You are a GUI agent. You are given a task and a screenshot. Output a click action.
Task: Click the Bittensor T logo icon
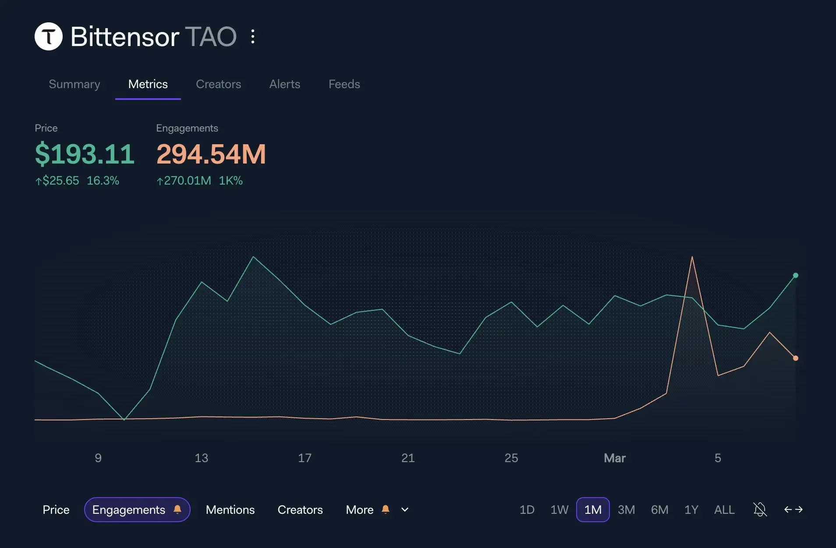(x=49, y=36)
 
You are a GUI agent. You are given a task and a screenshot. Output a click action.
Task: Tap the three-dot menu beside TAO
(x=253, y=36)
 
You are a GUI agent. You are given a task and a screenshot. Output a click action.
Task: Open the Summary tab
(x=74, y=84)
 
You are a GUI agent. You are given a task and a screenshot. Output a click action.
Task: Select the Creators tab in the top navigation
(x=218, y=84)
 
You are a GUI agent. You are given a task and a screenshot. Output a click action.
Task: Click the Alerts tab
(x=285, y=84)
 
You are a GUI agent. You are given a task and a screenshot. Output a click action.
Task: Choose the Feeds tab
(x=344, y=84)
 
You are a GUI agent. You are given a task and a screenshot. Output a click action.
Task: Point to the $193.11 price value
(x=85, y=154)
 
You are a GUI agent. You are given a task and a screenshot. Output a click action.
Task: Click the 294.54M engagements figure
(x=211, y=154)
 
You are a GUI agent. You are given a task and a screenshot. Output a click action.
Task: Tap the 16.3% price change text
(x=103, y=181)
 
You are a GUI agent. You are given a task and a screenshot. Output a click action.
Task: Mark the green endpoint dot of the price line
(x=796, y=275)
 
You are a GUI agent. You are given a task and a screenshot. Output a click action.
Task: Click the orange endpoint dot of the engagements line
(x=796, y=358)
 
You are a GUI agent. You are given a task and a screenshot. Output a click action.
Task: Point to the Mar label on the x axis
(x=614, y=458)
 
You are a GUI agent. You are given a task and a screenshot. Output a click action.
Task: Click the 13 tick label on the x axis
(x=201, y=458)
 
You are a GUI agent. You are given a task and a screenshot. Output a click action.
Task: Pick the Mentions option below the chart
(x=230, y=509)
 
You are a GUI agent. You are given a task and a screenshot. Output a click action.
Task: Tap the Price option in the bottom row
(x=56, y=509)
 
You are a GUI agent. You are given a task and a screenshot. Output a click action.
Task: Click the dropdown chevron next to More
(x=405, y=509)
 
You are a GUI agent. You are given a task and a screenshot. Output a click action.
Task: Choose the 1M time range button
(x=592, y=509)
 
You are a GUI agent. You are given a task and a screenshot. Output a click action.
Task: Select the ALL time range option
(x=724, y=509)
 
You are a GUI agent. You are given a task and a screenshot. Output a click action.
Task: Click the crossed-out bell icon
(x=760, y=509)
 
